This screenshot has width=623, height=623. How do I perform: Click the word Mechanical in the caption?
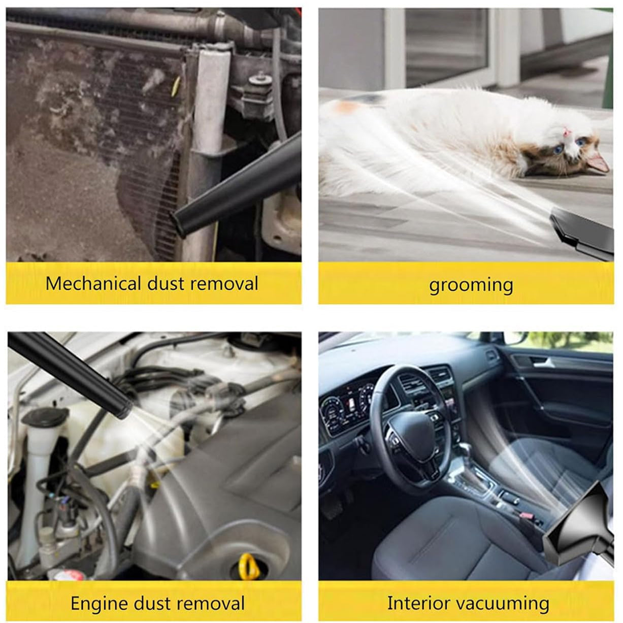(94, 283)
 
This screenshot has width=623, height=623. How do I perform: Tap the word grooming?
(471, 285)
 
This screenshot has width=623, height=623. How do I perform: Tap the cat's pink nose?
(566, 132)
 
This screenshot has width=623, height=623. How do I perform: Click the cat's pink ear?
(598, 162)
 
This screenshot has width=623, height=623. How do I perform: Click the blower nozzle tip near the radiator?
(178, 223)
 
